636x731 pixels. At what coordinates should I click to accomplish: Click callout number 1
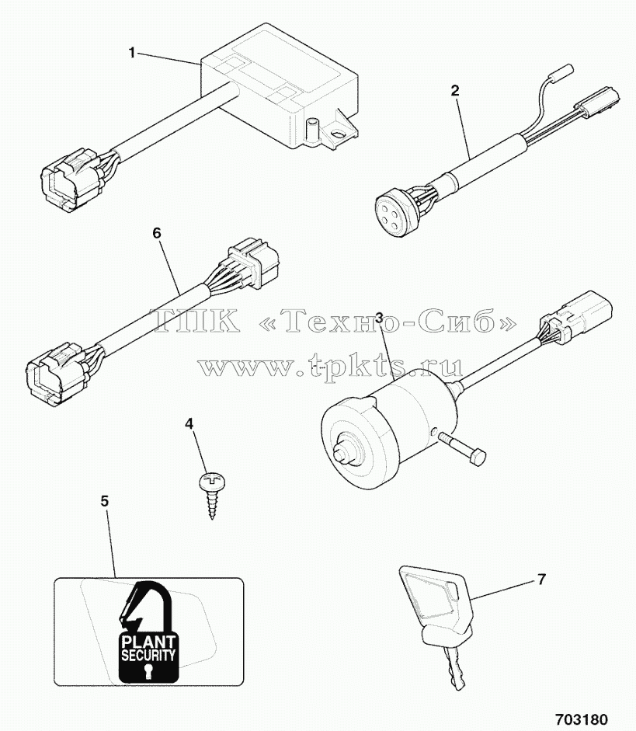coord(132,53)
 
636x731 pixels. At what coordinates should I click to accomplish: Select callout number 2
coord(455,90)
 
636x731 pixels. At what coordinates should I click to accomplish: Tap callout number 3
coord(380,318)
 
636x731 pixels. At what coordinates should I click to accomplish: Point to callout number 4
coord(189,424)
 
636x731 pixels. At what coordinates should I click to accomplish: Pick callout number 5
coord(105,502)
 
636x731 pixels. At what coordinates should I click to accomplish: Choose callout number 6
coord(157,232)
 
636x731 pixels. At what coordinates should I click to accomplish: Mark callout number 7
coord(541,580)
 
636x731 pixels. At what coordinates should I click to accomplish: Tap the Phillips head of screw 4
coord(208,480)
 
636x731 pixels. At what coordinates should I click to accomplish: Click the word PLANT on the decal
coord(148,642)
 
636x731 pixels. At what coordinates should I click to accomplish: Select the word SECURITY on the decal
coord(148,655)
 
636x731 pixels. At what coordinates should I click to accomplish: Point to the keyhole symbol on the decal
coord(148,671)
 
